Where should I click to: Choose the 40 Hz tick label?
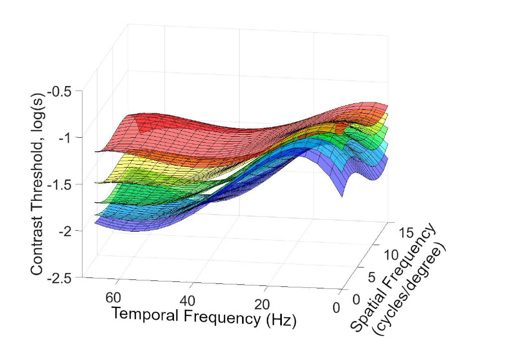189,301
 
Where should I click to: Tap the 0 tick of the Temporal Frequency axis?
337,309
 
